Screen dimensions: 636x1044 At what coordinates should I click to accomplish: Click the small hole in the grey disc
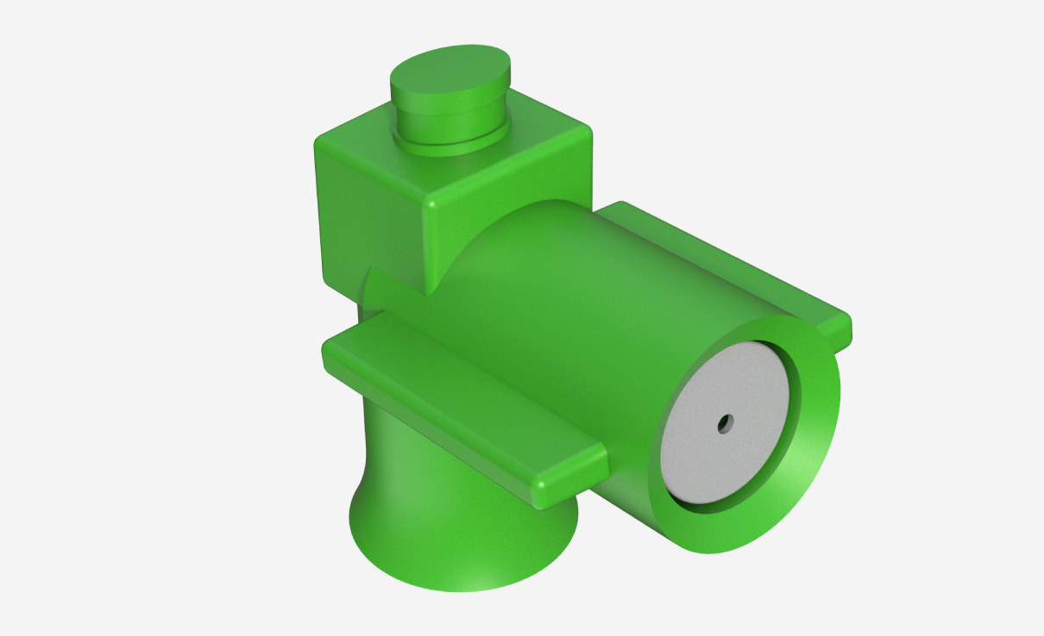725,423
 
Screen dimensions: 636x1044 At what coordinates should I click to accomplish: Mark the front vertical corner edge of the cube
428,246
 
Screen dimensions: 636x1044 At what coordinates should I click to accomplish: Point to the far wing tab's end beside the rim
841,331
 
